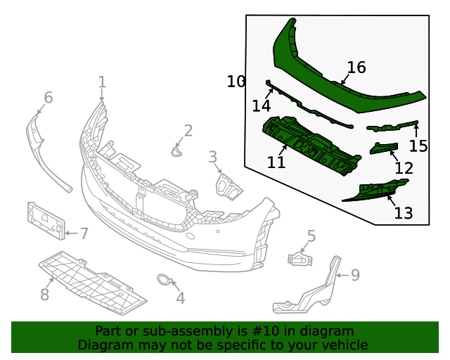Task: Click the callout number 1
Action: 102,82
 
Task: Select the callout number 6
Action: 48,97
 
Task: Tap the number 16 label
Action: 356,67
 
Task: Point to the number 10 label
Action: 236,82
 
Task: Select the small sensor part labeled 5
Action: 299,260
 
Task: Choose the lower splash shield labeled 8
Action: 91,281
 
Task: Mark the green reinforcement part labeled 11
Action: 309,144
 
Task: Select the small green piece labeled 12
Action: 384,147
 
